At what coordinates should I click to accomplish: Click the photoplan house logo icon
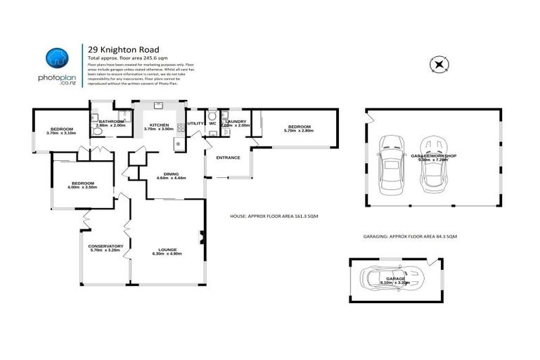click(x=58, y=59)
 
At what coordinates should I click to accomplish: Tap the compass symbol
click(x=439, y=65)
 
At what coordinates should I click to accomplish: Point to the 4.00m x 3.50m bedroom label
click(x=82, y=185)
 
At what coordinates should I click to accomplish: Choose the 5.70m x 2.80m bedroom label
click(x=297, y=129)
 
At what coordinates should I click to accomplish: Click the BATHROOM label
click(x=110, y=123)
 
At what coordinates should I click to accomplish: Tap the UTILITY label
click(x=195, y=123)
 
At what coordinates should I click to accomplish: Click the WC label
click(x=212, y=123)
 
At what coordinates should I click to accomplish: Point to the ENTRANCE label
click(x=229, y=157)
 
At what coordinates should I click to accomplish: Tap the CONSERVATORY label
click(x=105, y=247)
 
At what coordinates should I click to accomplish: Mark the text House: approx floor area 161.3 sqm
click(x=274, y=217)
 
